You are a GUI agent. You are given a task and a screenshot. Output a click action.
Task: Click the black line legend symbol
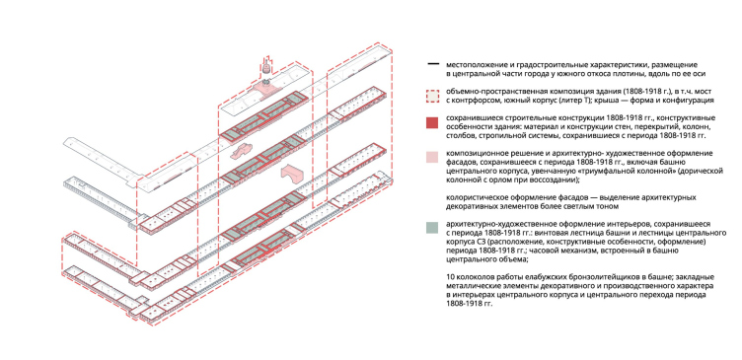(431, 64)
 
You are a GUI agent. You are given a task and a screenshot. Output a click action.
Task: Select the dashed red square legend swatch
(431, 96)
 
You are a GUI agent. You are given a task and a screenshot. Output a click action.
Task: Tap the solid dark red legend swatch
(431, 122)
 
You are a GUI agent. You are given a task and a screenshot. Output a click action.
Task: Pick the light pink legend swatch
(431, 158)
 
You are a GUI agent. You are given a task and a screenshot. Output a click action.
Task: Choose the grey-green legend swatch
(431, 228)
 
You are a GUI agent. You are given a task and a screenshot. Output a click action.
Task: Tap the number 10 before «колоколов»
(450, 277)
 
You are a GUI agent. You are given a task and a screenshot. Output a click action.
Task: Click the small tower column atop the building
(266, 67)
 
